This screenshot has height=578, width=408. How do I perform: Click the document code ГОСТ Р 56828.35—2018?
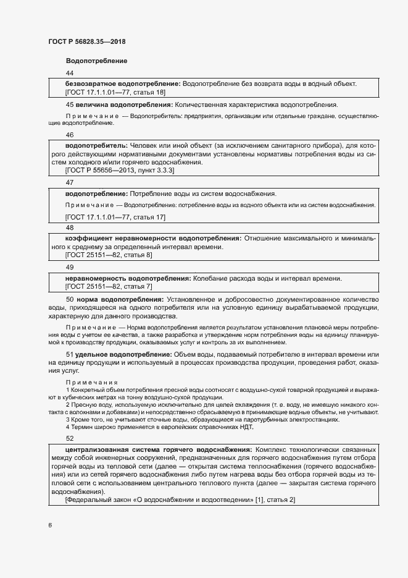[91, 42]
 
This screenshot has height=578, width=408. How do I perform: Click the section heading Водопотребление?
[96, 61]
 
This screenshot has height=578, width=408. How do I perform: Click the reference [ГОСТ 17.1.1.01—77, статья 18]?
[115, 92]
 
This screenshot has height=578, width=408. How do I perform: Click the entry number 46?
[69, 135]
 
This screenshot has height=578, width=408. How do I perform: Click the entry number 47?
[69, 183]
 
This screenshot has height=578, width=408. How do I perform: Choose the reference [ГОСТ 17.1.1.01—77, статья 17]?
[115, 217]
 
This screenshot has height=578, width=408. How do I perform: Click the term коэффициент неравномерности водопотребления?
[153, 238]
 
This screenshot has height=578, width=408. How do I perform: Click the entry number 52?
[69, 438]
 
